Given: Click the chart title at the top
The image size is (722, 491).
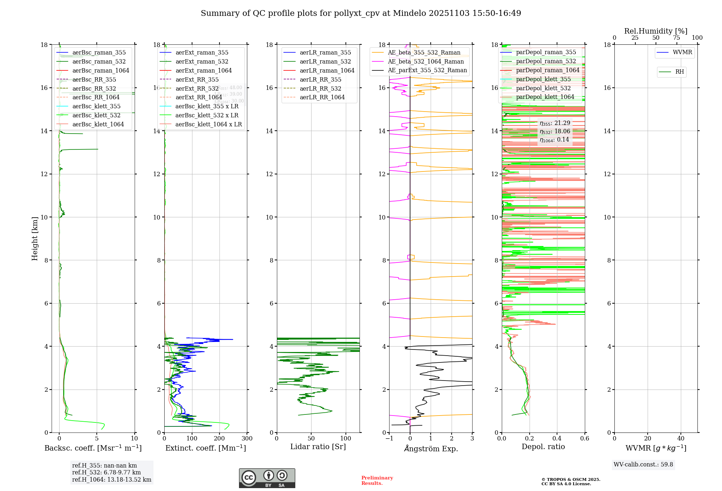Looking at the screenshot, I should tap(361, 13).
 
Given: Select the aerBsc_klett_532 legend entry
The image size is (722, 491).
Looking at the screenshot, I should tap(96, 116).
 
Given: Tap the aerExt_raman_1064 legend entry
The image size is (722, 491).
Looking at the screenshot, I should tap(203, 71).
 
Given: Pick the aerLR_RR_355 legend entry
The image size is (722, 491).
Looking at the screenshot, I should tap(320, 80).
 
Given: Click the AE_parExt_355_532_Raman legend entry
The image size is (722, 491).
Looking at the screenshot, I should tap(427, 70).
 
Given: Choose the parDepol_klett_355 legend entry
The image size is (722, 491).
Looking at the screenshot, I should tap(543, 79).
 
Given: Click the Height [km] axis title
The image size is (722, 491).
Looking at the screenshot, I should tap(35, 238).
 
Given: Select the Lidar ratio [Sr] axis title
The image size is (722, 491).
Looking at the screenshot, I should tap(318, 447).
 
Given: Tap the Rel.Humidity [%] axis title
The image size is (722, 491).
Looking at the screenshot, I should tap(656, 31).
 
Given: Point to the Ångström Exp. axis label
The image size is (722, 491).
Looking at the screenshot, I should tap(431, 449).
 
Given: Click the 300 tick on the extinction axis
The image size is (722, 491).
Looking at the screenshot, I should tap(247, 439).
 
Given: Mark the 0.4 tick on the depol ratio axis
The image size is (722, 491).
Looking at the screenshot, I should tap(557, 439).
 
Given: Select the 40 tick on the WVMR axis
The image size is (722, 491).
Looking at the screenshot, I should tap(681, 439).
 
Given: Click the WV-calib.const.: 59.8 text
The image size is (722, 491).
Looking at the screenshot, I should tap(643, 465).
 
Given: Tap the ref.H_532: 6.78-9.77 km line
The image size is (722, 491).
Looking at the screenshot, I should tap(106, 473).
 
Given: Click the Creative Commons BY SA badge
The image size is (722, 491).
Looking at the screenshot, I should tap(267, 478).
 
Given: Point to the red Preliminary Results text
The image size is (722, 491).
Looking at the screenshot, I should tap(377, 481).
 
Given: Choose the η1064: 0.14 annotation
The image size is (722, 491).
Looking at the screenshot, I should tap(554, 140).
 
